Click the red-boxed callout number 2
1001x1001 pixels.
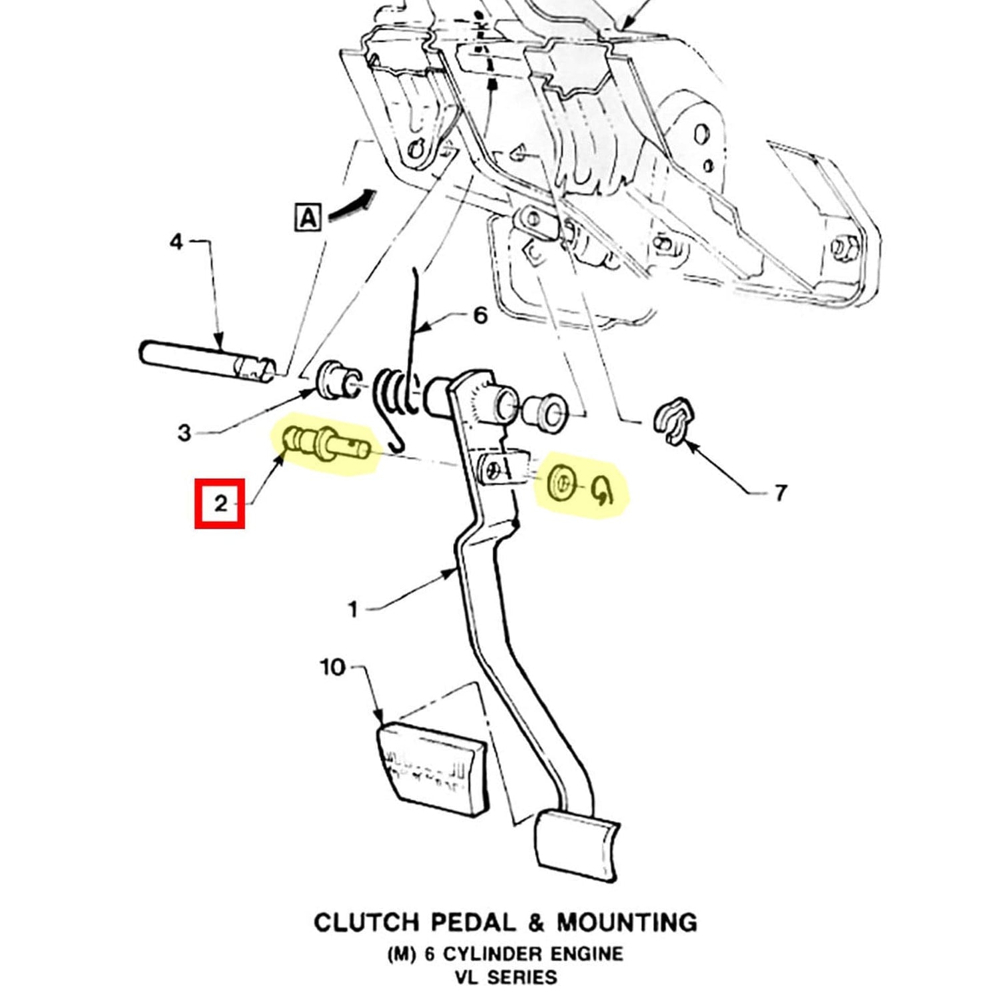220,504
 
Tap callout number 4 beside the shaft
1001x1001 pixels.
176,242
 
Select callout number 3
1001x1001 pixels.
185,433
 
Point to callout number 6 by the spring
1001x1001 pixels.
480,315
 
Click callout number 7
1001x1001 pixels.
780,493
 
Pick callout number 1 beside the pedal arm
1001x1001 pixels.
353,609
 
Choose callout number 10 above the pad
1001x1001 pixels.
332,667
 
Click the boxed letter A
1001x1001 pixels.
308,217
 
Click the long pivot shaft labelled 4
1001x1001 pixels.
207,362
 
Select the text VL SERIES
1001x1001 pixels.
505,978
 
